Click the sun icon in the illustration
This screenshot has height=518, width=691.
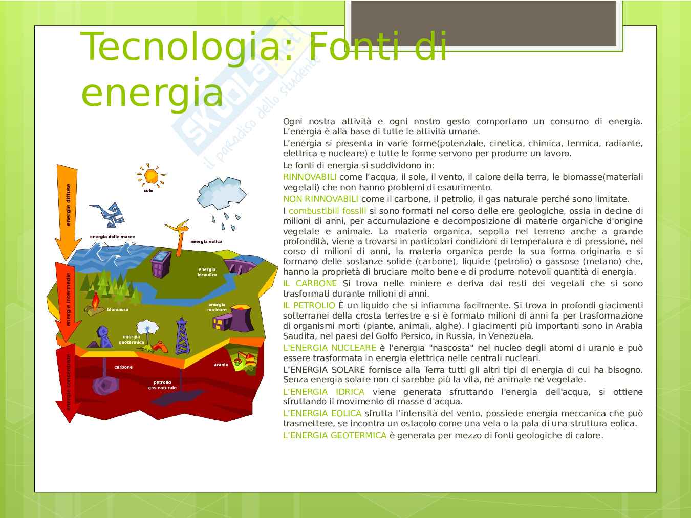pos(151,175)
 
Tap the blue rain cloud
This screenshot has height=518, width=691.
pos(221,193)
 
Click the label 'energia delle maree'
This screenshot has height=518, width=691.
pos(113,237)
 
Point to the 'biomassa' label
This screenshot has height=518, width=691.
pos(117,309)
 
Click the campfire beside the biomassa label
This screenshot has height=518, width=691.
pos(95,303)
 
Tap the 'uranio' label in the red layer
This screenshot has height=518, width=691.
pos(221,365)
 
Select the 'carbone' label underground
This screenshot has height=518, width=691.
pos(123,367)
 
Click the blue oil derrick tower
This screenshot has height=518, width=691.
pos(182,336)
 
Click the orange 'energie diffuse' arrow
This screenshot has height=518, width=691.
pos(67,211)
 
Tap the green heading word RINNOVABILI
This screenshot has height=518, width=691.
pos(310,177)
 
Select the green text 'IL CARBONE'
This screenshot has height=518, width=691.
pos(310,283)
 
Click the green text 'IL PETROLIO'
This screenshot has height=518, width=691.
pos(309,305)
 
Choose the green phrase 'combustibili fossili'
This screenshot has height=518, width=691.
pos(328,211)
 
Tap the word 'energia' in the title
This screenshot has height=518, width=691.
pos(152,92)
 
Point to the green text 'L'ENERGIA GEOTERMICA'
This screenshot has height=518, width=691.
pos(335,435)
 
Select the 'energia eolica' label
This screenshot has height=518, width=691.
pos(206,241)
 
